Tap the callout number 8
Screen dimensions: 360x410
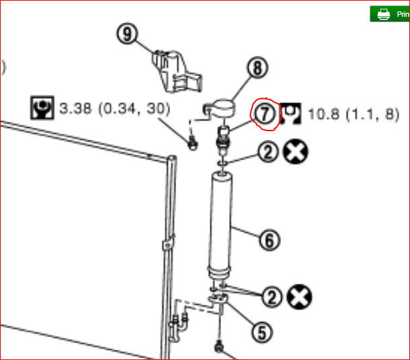click(x=257, y=67)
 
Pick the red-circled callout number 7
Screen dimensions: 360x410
click(x=264, y=114)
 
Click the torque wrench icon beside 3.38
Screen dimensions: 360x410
click(x=41, y=107)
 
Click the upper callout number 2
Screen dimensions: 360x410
click(x=268, y=152)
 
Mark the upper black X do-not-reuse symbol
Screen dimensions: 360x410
click(x=296, y=152)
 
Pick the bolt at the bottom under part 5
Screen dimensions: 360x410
click(x=219, y=348)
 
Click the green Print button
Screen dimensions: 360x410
click(x=389, y=14)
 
